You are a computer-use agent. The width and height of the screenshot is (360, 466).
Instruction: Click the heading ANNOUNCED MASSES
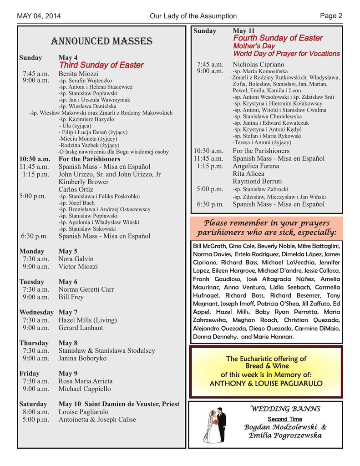point(101,41)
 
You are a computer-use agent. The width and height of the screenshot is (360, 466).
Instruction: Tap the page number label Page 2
point(331,16)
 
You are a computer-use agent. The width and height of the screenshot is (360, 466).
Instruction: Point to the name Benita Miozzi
point(79,73)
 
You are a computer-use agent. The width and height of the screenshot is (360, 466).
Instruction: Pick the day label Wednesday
point(36,312)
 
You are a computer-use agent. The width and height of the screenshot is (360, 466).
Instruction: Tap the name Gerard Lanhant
point(81,328)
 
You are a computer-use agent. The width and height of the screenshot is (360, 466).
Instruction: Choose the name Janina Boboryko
point(82,358)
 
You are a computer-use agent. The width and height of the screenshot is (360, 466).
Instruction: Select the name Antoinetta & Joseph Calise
point(97,420)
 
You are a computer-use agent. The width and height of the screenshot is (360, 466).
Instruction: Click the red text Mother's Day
point(254,46)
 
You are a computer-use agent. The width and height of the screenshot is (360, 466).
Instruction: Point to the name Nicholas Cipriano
point(258,65)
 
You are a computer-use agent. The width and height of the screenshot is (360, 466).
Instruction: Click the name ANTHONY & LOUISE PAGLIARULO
point(266,383)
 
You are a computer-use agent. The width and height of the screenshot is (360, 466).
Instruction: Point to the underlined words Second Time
point(284,419)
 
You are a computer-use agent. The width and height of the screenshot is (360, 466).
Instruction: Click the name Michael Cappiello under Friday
point(84,389)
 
